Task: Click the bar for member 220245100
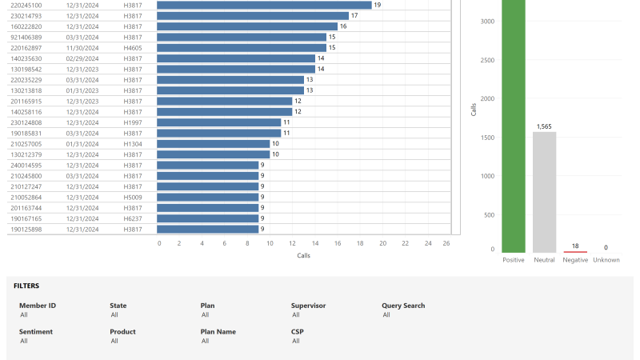pyautogui.click(x=264, y=5)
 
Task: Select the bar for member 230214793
pyautogui.click(x=253, y=16)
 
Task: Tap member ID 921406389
pyautogui.click(x=26, y=37)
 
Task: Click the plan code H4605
pyautogui.click(x=133, y=48)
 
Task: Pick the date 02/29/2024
pyautogui.click(x=82, y=58)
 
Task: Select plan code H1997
pyautogui.click(x=133, y=122)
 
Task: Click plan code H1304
pyautogui.click(x=133, y=144)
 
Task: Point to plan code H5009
pyautogui.click(x=133, y=197)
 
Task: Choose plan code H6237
pyautogui.click(x=133, y=218)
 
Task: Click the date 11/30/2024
pyautogui.click(x=82, y=48)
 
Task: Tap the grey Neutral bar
pyautogui.click(x=544, y=192)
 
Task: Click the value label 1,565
pyautogui.click(x=544, y=126)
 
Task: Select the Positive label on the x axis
pyautogui.click(x=514, y=260)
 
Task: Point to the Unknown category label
pyautogui.click(x=606, y=260)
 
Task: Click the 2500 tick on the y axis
pyautogui.click(x=487, y=60)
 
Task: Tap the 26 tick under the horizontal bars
pyautogui.click(x=446, y=243)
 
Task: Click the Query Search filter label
pyautogui.click(x=403, y=306)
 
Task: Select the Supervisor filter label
pyautogui.click(x=308, y=306)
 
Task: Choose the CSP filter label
pyautogui.click(x=298, y=331)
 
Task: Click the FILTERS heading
pyautogui.click(x=26, y=286)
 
